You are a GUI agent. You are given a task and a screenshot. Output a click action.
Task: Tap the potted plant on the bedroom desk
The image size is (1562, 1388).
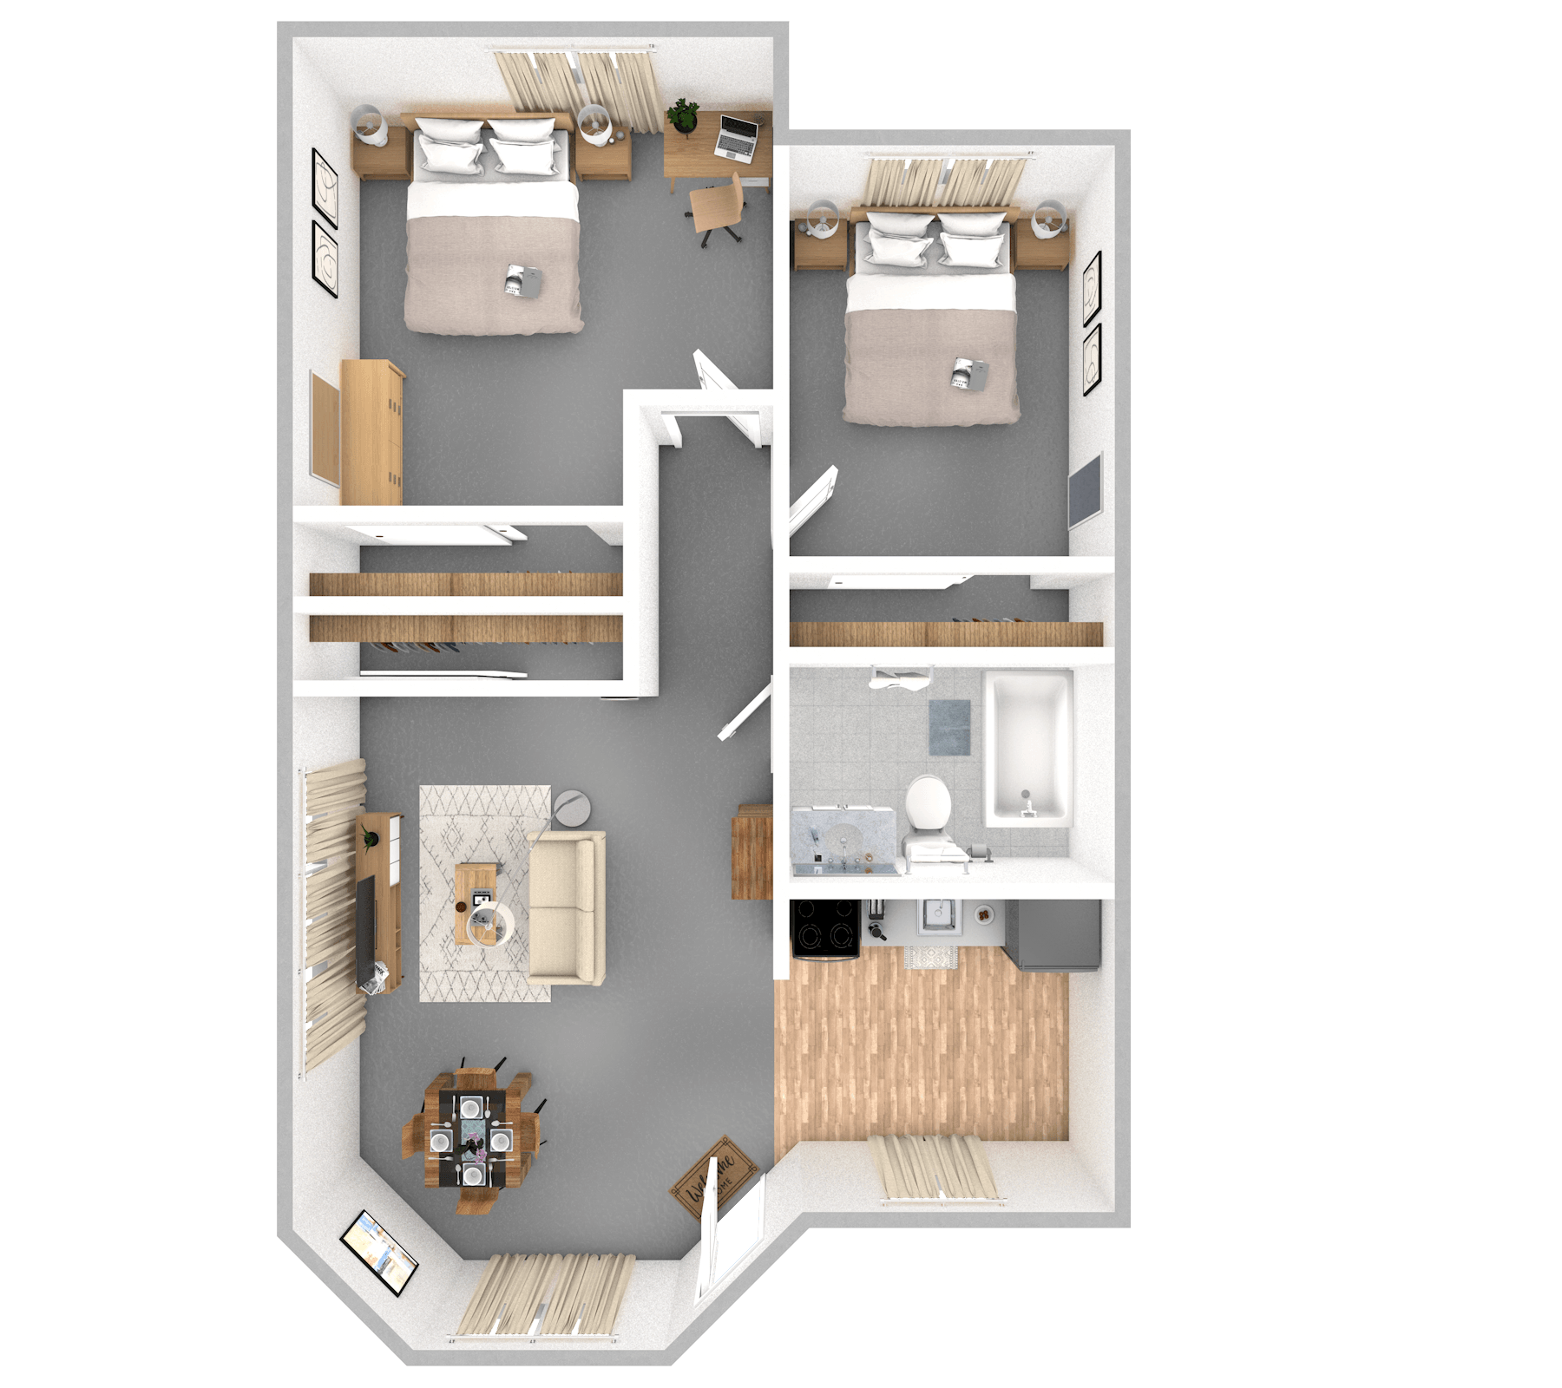point(685,115)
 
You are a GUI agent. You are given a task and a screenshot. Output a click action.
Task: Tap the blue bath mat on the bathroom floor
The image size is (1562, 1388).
point(949,727)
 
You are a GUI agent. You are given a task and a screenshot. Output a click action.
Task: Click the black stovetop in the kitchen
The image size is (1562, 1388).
point(825,926)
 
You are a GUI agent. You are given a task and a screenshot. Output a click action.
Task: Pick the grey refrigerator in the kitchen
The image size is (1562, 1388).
point(1053,933)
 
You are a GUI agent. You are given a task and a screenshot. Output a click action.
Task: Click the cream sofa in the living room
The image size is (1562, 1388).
point(566,907)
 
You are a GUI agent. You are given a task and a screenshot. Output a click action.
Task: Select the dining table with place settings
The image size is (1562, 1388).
point(471,1136)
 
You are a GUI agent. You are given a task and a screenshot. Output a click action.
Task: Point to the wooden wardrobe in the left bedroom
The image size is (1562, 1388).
point(372,432)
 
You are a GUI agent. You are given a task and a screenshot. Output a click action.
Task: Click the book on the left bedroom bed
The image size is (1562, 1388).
point(523,278)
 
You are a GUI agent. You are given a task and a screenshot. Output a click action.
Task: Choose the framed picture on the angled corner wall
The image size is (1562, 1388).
point(379,1252)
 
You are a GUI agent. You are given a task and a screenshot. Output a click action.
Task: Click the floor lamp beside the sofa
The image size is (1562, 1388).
point(570,808)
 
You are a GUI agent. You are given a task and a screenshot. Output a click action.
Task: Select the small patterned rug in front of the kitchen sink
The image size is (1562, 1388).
point(930,957)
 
